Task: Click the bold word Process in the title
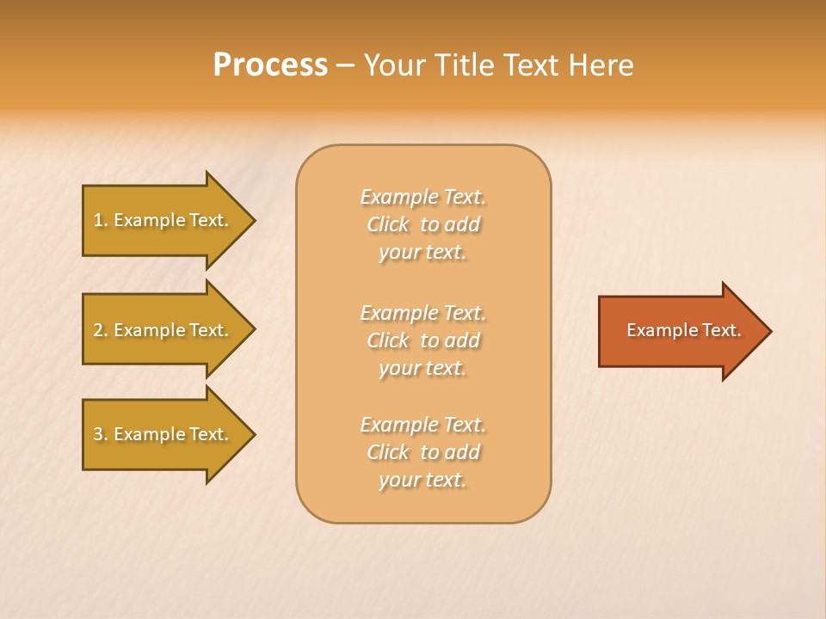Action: coord(270,65)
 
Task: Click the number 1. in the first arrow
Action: coord(101,220)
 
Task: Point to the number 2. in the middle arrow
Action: coord(101,330)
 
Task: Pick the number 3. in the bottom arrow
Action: coord(101,434)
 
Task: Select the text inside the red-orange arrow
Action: coord(683,330)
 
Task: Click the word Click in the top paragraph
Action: coord(388,224)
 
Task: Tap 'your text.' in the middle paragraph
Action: coord(422,368)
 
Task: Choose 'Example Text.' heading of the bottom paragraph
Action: coord(422,425)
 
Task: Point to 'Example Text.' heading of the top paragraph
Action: coord(422,197)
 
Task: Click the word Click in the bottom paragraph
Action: coord(388,452)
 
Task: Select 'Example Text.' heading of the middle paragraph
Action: coord(422,312)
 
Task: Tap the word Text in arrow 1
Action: coord(209,220)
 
